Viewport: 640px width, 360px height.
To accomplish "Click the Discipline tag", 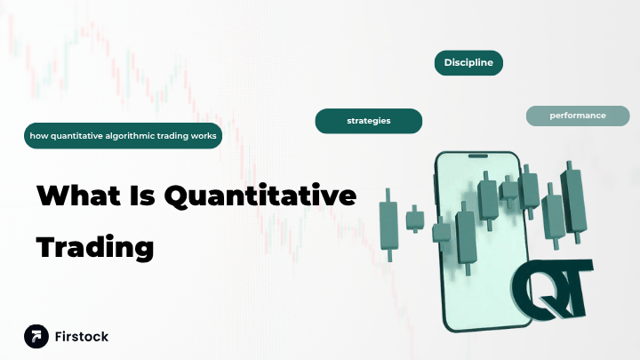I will click(468, 62).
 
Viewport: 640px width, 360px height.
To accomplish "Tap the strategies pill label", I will click(369, 120).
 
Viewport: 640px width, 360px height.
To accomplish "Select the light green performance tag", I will click(578, 116).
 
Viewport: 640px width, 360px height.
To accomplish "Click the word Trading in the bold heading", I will click(95, 246).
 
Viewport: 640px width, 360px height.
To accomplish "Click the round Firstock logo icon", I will click(36, 336).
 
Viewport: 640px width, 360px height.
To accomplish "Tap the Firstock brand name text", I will click(82, 337).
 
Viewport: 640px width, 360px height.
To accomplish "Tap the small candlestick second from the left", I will click(414, 218).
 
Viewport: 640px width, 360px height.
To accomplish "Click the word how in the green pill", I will click(37, 136).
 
